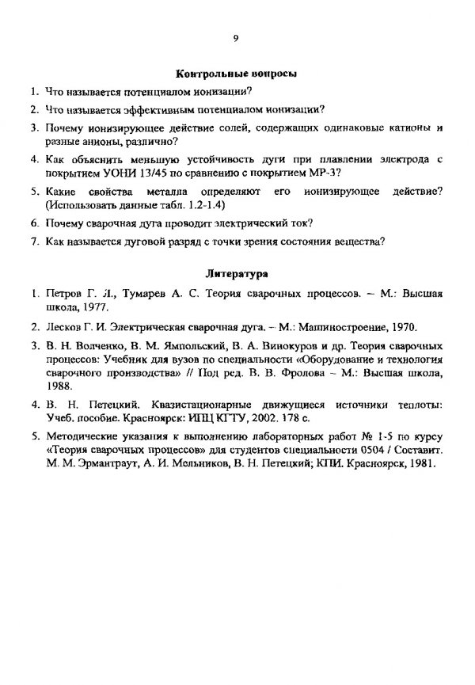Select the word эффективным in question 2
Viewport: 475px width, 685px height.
point(146,109)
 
